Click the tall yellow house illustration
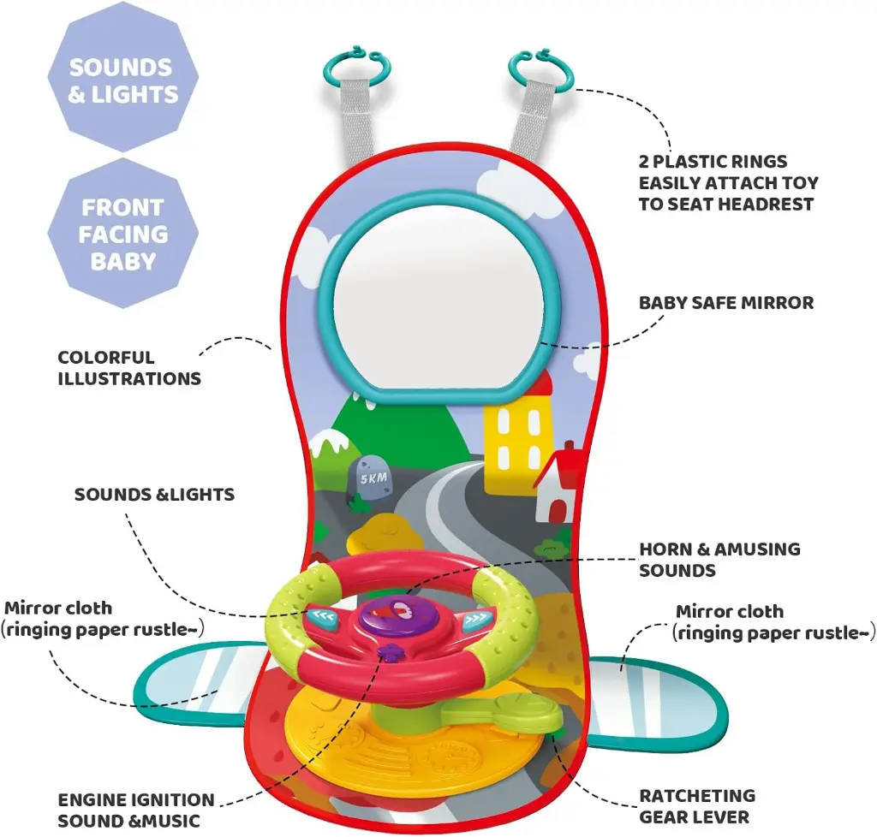click(x=518, y=436)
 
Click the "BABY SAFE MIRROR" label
click(x=726, y=303)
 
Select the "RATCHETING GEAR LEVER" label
click(x=697, y=806)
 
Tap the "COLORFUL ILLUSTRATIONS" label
click(x=129, y=368)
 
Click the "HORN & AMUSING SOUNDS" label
click(x=719, y=559)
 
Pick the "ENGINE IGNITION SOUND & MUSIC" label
click(x=136, y=810)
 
